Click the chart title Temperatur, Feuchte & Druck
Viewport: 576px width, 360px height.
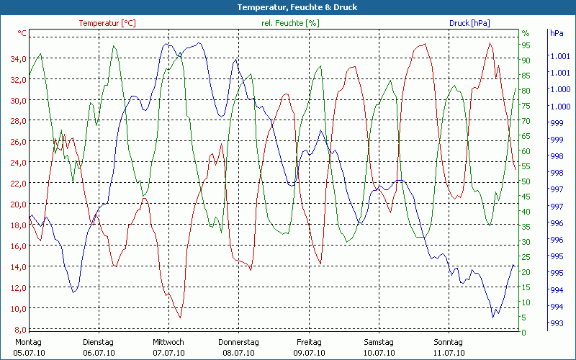coord(288,7)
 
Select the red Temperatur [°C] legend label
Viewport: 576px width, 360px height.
coord(107,23)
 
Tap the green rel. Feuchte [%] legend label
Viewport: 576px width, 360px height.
coord(291,23)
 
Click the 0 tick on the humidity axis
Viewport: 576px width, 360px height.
coord(523,332)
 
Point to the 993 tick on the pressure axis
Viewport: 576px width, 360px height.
coord(556,323)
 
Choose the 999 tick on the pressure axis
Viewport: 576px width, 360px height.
coord(556,123)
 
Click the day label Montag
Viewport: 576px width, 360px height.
coord(28,342)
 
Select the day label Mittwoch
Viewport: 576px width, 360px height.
coord(168,342)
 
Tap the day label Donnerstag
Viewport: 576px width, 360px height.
coord(238,342)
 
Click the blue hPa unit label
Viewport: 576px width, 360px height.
coord(557,33)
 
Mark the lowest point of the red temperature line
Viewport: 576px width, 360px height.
coord(180,318)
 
